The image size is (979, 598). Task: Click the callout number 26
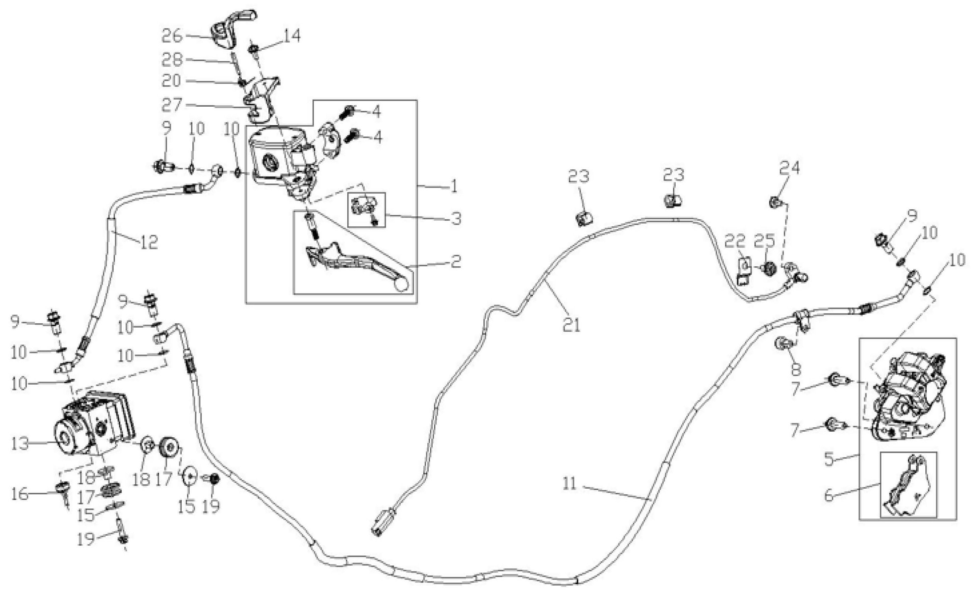pyautogui.click(x=172, y=36)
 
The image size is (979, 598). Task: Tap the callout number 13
pyautogui.click(x=20, y=443)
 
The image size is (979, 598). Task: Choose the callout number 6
pyautogui.click(x=829, y=496)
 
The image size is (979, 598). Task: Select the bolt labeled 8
pyautogui.click(x=782, y=343)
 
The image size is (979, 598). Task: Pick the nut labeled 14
pyautogui.click(x=253, y=49)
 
